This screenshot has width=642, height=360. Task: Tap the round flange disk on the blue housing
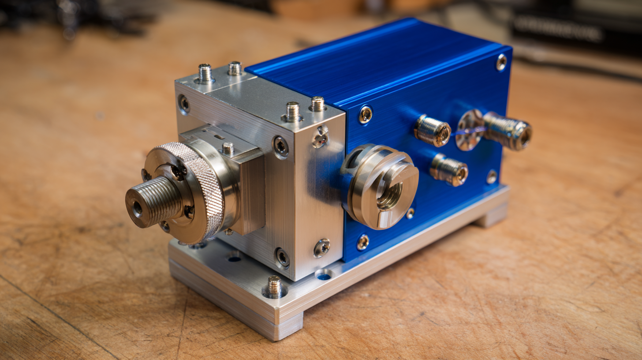click(x=469, y=130)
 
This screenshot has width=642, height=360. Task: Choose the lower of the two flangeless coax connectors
click(x=449, y=169)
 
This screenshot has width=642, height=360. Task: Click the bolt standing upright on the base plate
click(x=274, y=286)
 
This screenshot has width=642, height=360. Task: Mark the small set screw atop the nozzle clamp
click(x=228, y=148)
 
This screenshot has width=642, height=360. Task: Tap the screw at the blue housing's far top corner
click(x=501, y=62)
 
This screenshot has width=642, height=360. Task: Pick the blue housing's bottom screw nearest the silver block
click(x=363, y=242)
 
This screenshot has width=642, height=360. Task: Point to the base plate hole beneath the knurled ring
click(x=234, y=258)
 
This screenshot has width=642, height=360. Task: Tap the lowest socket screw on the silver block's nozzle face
click(x=282, y=257)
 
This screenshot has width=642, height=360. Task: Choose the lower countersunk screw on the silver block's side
click(x=321, y=248)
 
